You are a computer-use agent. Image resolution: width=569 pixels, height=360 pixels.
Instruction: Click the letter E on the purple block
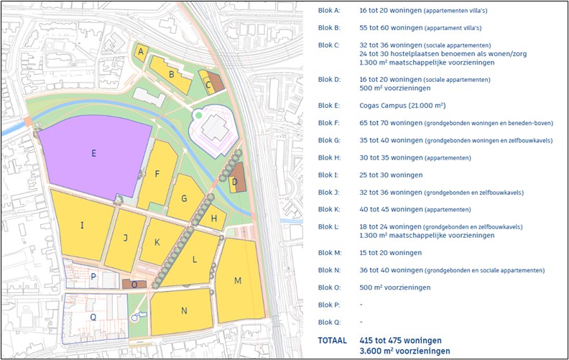pos(93,152)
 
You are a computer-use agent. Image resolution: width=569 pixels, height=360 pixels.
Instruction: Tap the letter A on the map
pos(142,51)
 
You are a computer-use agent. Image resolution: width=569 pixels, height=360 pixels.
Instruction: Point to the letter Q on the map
pos(93,315)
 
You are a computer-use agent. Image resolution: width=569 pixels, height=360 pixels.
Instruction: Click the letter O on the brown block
pos(134,285)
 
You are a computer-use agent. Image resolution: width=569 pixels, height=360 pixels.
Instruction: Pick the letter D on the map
pos(234,182)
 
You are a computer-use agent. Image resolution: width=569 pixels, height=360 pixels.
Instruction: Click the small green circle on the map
pos(198,115)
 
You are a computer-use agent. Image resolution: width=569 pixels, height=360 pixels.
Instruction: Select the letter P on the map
pos(93,277)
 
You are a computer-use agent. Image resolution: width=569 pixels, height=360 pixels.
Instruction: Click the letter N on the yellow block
pos(184,310)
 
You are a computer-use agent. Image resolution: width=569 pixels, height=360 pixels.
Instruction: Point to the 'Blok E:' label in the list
pos(329,105)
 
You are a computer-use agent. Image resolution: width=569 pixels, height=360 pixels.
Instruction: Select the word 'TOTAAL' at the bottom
pos(332,340)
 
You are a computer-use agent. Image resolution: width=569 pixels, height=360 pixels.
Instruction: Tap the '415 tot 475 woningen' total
pos(400,340)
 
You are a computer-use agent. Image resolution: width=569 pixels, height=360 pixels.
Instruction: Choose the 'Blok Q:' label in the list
pos(330,322)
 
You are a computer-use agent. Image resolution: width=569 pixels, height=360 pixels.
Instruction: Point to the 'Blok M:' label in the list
pos(330,253)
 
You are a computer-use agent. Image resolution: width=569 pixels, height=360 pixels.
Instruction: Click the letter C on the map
pos(208,85)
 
